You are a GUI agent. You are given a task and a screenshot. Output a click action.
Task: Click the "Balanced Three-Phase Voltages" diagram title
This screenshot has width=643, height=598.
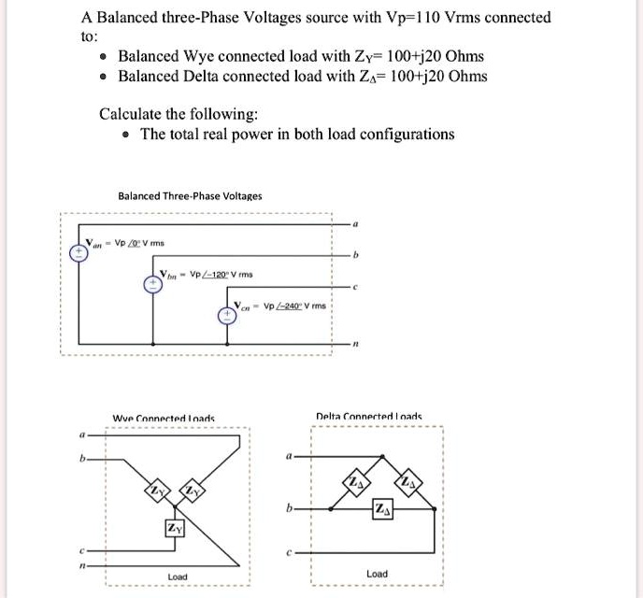tap(190, 196)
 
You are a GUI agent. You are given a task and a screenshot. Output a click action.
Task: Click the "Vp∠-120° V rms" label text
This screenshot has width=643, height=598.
tap(223, 276)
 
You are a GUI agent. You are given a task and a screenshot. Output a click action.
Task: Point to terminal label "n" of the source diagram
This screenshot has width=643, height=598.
tap(354, 346)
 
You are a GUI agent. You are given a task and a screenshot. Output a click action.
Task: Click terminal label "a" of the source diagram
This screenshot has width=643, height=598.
tap(354, 224)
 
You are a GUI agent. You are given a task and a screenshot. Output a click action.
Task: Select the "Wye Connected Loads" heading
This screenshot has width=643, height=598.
tap(164, 418)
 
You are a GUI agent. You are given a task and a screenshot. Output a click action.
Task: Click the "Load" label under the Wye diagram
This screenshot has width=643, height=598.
tap(177, 577)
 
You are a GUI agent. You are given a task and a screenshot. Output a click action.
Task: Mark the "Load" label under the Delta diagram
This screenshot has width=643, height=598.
tap(378, 573)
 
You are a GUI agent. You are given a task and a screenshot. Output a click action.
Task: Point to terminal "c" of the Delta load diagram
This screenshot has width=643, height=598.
tap(291, 553)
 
